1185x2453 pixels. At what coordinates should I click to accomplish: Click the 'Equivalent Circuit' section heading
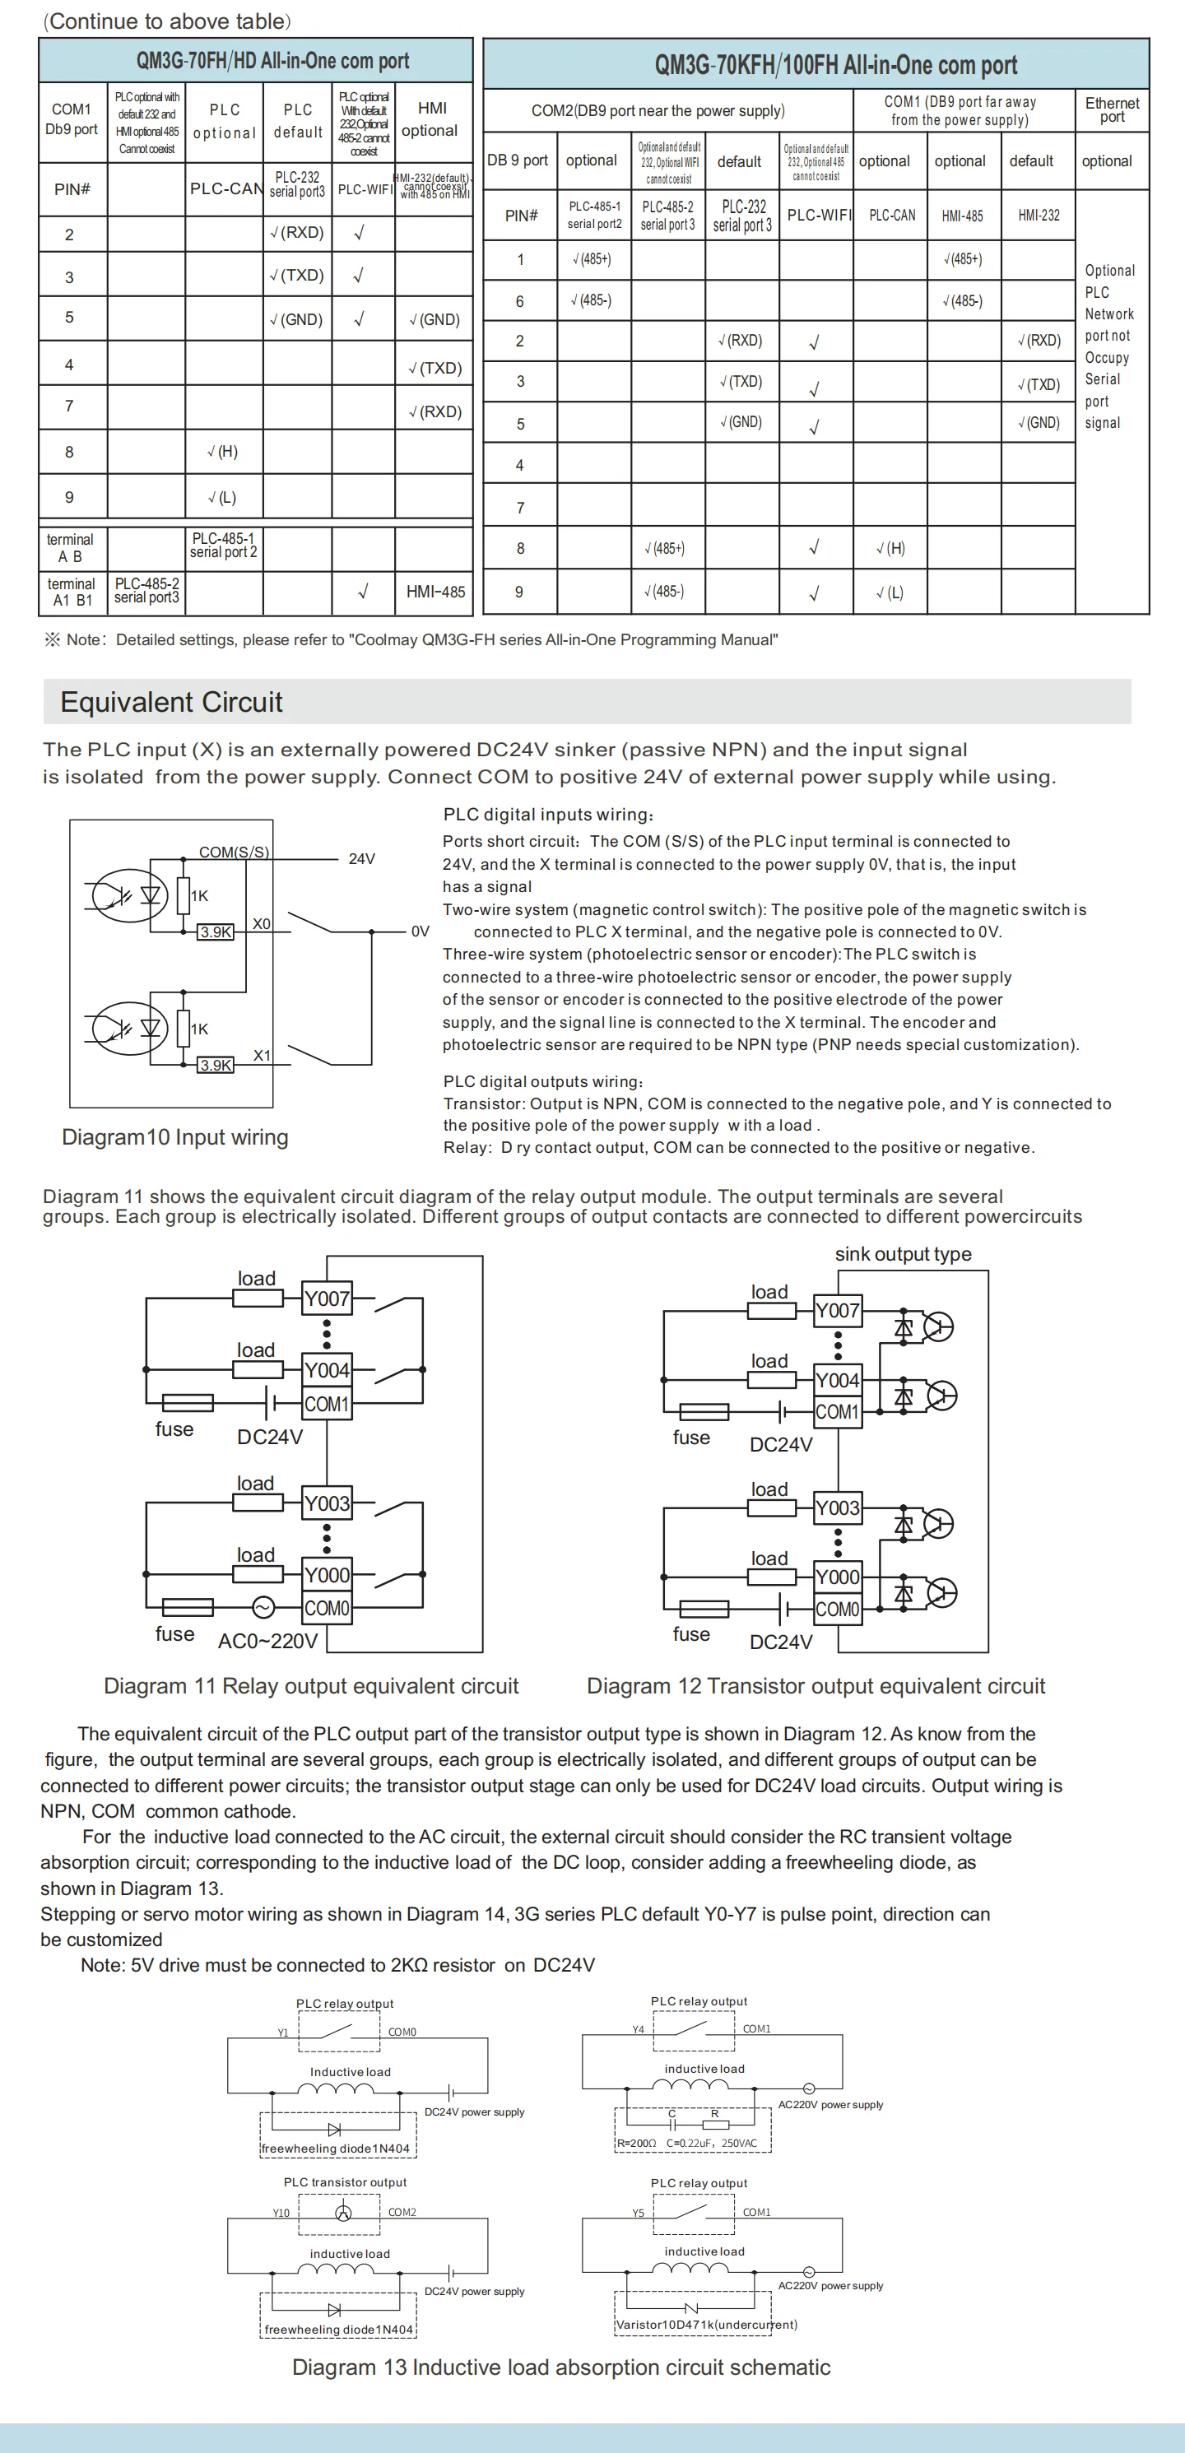tap(171, 703)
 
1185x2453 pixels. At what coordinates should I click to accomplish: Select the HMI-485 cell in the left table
tap(435, 592)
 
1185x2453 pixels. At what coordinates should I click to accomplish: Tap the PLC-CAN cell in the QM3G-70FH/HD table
tap(225, 188)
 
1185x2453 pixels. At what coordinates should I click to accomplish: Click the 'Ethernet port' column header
tap(1112, 109)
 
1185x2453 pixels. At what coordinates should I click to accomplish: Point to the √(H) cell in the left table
tap(223, 452)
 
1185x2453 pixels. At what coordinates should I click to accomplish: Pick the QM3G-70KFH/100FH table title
tap(835, 65)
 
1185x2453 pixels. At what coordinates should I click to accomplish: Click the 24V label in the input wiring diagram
tap(362, 859)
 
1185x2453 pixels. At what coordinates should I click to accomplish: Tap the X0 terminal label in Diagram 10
tap(261, 924)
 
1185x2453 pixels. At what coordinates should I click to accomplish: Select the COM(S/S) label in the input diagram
tap(234, 853)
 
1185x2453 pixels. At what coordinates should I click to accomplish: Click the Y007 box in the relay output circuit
tap(327, 1298)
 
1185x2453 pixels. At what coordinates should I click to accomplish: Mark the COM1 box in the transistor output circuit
tap(837, 1411)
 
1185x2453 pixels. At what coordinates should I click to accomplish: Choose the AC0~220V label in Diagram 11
tap(267, 1641)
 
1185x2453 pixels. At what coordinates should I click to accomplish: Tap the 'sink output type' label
tap(903, 1254)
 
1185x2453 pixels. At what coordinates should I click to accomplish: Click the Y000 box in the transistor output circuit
tap(837, 1577)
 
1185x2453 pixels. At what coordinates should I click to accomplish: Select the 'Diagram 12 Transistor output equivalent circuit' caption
tap(816, 1685)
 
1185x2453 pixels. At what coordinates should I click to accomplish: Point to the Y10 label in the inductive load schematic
tap(281, 2212)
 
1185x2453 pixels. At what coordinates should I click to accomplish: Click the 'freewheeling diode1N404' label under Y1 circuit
tap(335, 2149)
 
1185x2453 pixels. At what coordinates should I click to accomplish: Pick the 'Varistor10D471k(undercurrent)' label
tap(706, 2325)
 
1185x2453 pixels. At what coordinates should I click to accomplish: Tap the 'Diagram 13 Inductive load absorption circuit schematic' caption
tap(561, 2367)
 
